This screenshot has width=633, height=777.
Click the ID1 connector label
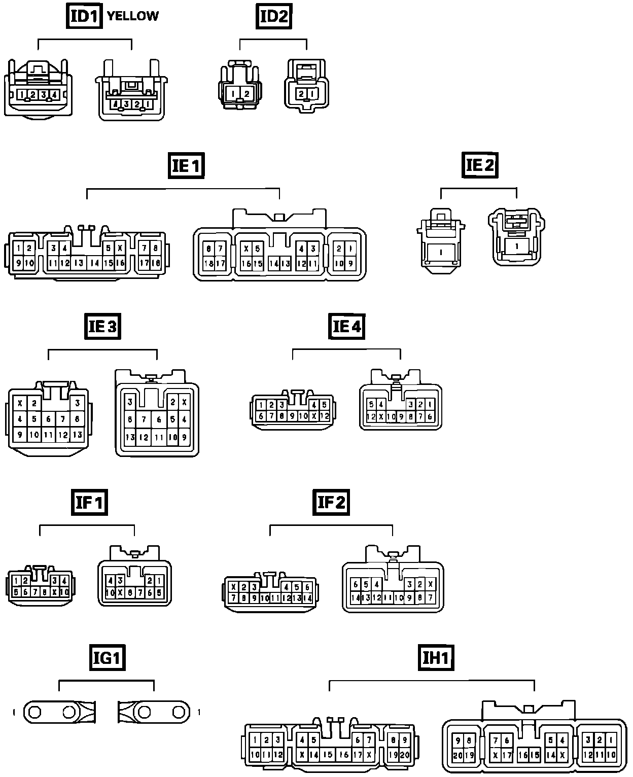coord(84,16)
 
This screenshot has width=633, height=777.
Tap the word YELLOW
coord(133,16)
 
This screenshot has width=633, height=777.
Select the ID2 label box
coord(273,16)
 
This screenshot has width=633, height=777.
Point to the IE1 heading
coord(186,165)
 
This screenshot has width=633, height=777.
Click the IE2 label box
coord(480,165)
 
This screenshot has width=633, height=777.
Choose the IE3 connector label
coord(102,326)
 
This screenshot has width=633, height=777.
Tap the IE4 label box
coord(347,326)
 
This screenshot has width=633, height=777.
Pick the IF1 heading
coord(89,503)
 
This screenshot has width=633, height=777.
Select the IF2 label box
coord(331,503)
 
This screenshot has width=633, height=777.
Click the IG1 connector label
coord(106,658)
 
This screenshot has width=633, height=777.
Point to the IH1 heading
coord(436,658)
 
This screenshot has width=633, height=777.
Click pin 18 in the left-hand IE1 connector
coord(156,263)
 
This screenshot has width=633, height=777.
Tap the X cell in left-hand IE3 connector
coord(20,404)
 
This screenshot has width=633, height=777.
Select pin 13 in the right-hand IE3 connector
coord(130,437)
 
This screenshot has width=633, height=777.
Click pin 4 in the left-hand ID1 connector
coord(54,94)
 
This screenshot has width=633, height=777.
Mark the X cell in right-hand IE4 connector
coord(381,416)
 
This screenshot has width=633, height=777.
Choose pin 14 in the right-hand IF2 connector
coord(356,597)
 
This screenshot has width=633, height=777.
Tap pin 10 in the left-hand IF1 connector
coord(64,591)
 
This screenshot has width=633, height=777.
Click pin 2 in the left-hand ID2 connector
coord(247,94)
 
